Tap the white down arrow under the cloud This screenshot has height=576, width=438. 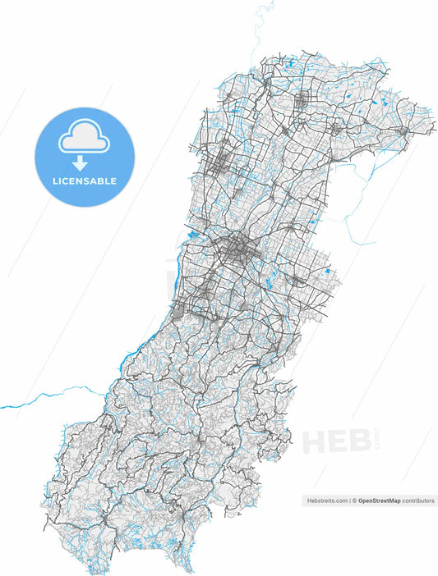(81, 163)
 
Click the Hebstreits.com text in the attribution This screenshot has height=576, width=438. (325, 500)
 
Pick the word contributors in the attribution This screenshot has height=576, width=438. (418, 500)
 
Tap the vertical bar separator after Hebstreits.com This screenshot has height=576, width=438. (349, 500)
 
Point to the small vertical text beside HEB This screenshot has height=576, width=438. (376, 435)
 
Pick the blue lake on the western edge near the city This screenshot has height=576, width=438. (194, 236)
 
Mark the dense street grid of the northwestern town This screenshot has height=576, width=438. (221, 164)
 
